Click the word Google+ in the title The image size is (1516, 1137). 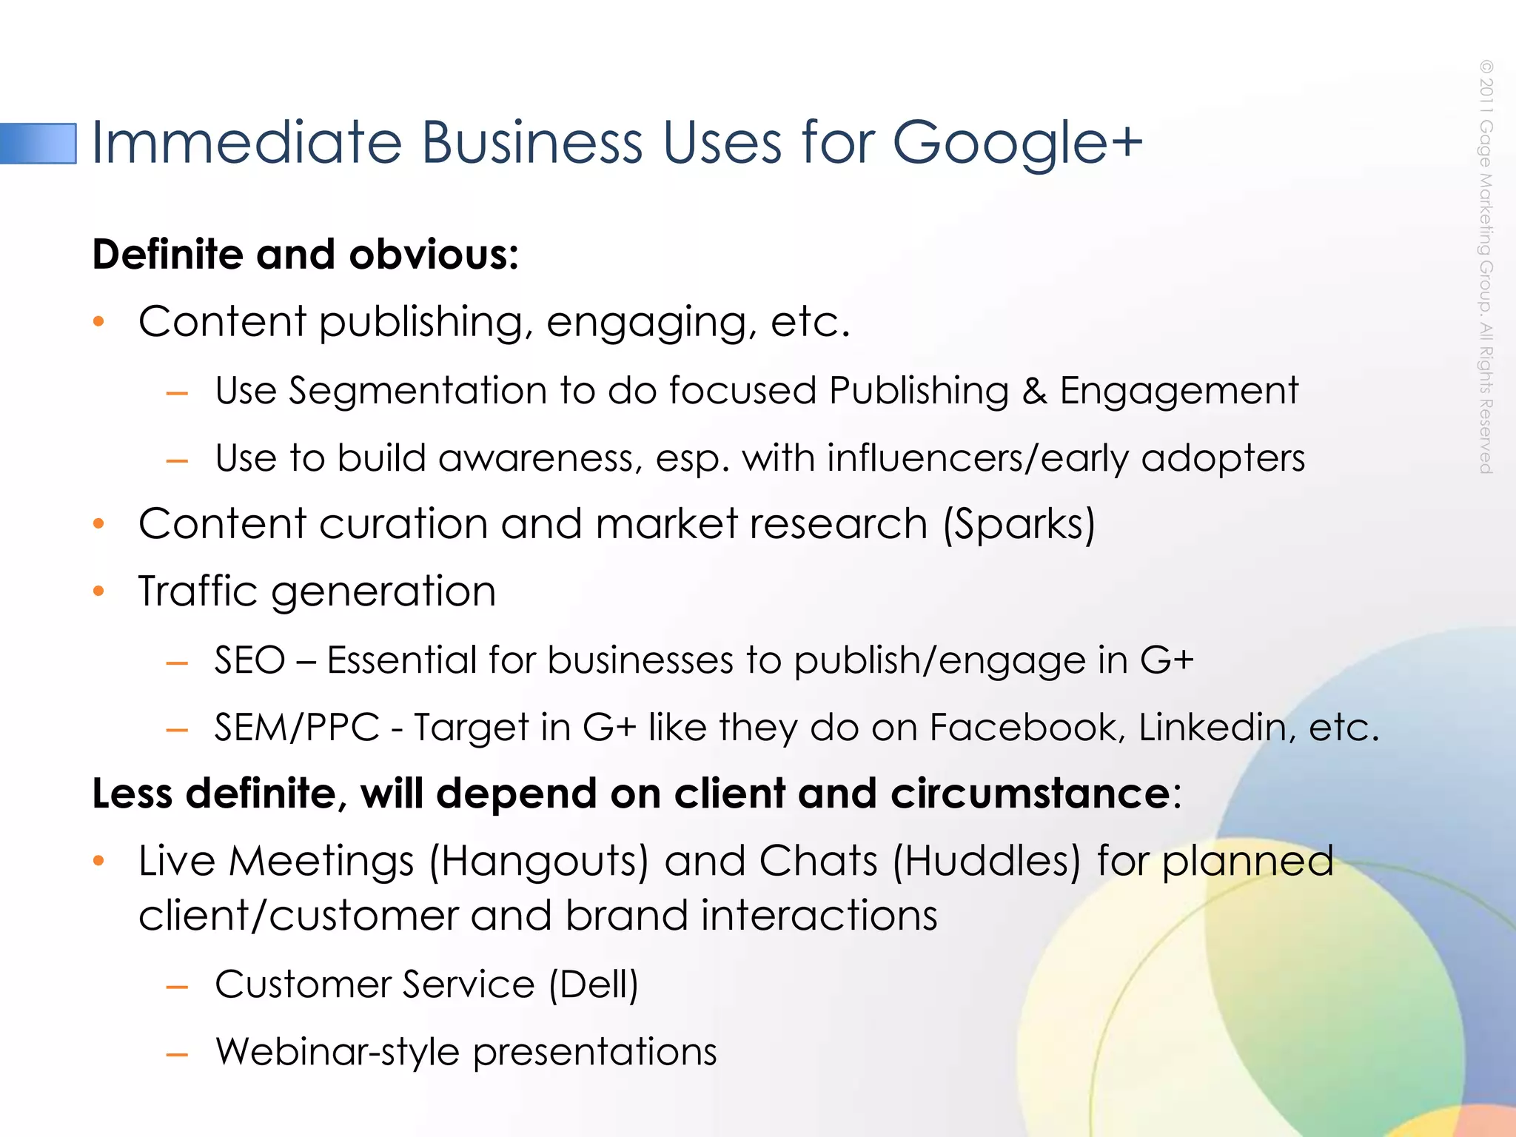(x=1017, y=142)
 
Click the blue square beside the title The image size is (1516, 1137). (x=38, y=143)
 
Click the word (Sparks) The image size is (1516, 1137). (x=1019, y=524)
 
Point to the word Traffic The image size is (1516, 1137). (x=198, y=591)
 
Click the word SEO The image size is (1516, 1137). (x=249, y=660)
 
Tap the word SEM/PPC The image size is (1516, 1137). (x=297, y=727)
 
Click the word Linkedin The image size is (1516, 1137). (x=1217, y=727)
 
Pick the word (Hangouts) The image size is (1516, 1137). (x=538, y=861)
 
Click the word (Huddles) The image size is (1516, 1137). (x=987, y=861)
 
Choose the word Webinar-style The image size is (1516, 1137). (x=338, y=1051)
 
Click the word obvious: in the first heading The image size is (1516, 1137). (x=434, y=255)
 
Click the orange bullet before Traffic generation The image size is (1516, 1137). (x=99, y=591)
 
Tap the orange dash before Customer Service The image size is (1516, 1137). (x=178, y=986)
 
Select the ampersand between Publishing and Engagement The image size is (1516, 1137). (x=1034, y=391)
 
